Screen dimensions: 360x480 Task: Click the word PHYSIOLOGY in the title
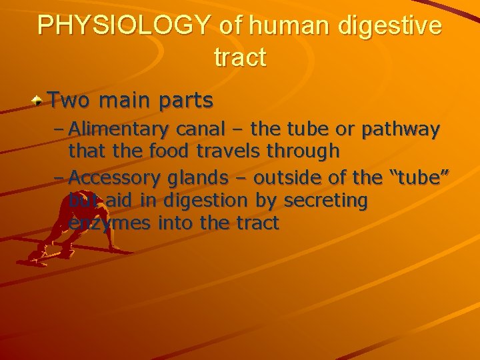(124, 25)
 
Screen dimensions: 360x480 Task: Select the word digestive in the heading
(391, 25)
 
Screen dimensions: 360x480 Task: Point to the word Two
(69, 101)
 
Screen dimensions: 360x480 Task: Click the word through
(303, 152)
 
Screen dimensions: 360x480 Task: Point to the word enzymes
(110, 224)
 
